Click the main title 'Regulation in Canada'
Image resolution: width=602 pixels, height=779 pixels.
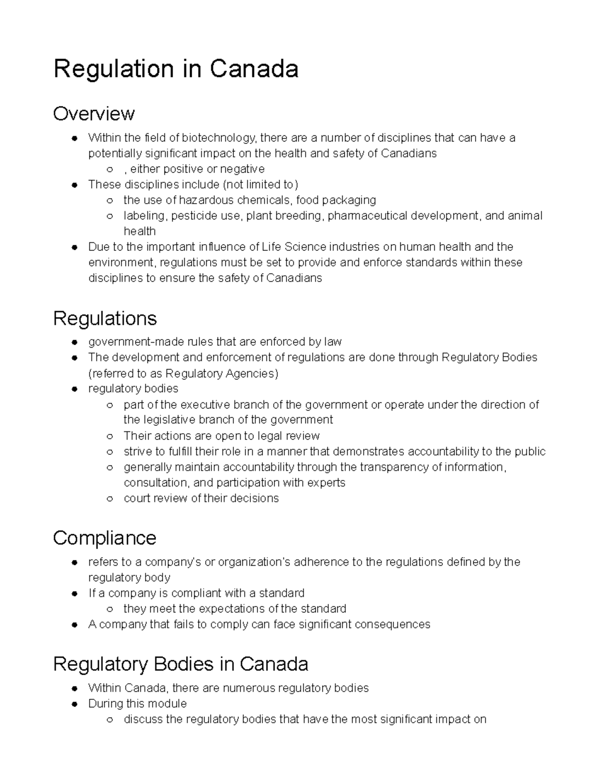tap(176, 69)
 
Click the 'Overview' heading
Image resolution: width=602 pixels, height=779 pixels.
tap(94, 114)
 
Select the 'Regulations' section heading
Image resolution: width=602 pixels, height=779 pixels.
tap(105, 319)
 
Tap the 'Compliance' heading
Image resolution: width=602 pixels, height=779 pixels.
tap(104, 538)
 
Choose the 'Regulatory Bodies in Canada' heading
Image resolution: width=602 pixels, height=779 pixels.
tap(181, 664)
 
